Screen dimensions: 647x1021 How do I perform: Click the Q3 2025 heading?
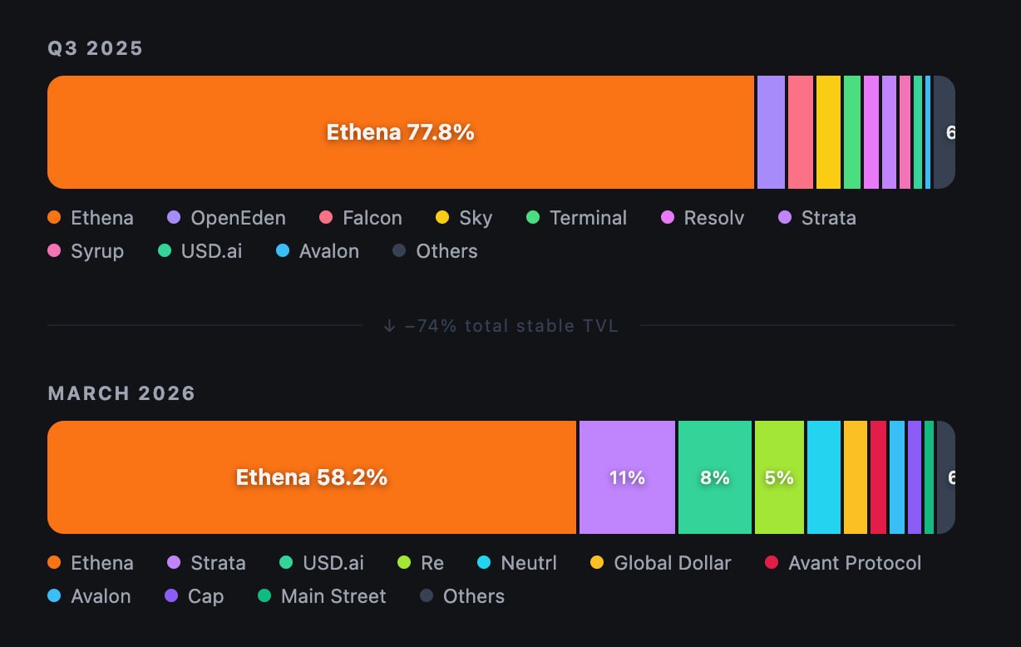pyautogui.click(x=96, y=48)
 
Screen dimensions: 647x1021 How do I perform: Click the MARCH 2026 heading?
pyautogui.click(x=121, y=393)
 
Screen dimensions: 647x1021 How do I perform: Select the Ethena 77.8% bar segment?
pyautogui.click(x=400, y=132)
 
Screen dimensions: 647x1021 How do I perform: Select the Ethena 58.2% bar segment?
pyautogui.click(x=312, y=477)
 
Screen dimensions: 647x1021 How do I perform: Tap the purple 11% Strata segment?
pyautogui.click(x=627, y=477)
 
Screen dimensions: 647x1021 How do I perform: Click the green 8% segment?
pyautogui.click(x=714, y=477)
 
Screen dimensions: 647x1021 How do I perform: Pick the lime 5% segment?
pyautogui.click(x=779, y=477)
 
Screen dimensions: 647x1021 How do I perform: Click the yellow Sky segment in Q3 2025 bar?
pyautogui.click(x=828, y=132)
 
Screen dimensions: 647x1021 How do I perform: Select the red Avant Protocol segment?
pyautogui.click(x=878, y=477)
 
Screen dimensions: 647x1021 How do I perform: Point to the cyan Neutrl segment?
pyautogui.click(x=823, y=477)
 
